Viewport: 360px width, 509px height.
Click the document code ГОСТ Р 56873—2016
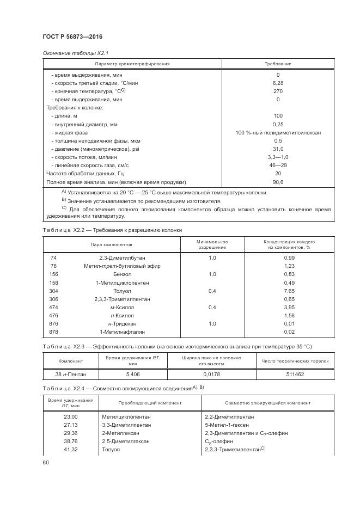pos(72,36)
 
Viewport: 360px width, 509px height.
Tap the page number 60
pos(46,462)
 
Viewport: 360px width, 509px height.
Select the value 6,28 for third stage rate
pos(278,83)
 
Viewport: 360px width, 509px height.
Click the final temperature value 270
pos(278,91)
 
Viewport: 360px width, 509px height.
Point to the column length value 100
pos(278,116)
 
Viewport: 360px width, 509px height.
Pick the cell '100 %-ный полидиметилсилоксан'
pos(278,133)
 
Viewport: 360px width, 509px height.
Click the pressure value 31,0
pos(278,149)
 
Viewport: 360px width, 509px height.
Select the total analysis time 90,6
pos(278,182)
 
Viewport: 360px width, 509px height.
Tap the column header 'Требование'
pos(278,64)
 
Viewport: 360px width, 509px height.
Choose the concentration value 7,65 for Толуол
pos(289,291)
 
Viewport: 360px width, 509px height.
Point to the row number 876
pos(53,324)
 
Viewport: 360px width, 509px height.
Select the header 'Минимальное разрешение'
pos(212,244)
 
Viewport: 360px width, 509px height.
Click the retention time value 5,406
pos(132,374)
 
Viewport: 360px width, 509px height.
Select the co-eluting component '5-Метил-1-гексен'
pos(222,425)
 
